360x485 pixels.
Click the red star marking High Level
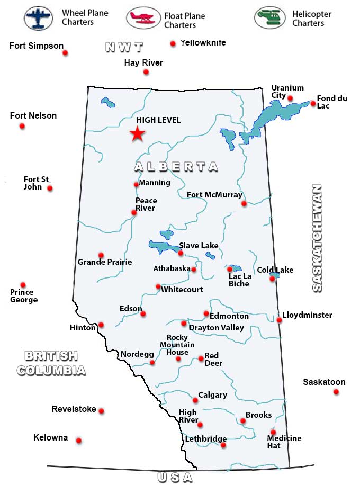138,134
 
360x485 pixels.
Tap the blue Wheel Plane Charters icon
39,17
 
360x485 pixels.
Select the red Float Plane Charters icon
143,17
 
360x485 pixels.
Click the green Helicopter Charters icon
270,17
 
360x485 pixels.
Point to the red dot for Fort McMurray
244,203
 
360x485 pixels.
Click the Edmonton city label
229,316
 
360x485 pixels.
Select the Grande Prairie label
105,262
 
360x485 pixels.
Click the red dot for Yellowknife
173,44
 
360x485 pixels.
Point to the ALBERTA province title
176,167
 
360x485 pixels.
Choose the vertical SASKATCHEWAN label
317,238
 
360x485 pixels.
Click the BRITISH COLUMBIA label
51,363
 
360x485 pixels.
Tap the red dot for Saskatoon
336,392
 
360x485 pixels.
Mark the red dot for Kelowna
79,441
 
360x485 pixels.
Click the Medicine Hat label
284,442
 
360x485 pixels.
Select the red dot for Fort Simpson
65,53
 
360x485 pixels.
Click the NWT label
124,47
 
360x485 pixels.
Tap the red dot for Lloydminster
279,320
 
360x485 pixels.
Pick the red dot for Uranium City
290,97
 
